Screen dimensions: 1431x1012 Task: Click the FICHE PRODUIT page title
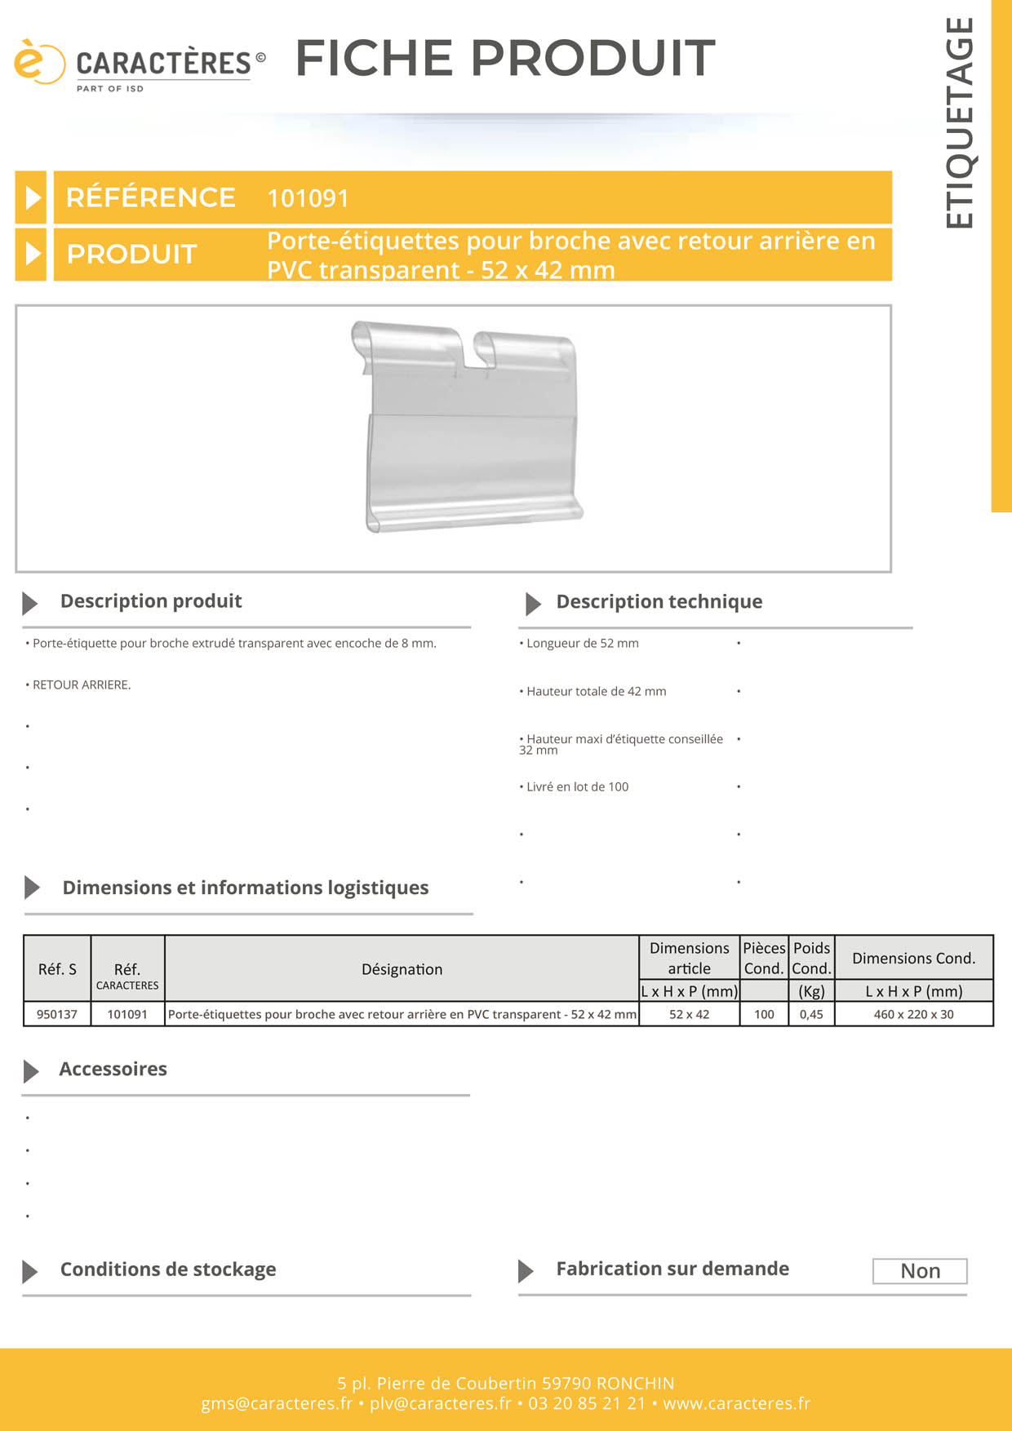505,58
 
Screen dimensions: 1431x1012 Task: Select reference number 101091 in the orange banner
308,198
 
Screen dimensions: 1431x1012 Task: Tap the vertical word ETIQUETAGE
960,123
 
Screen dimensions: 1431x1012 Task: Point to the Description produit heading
151,601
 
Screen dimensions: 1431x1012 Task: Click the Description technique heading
659,602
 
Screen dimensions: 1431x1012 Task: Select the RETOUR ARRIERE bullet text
81,685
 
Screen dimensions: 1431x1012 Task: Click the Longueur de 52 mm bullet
582,644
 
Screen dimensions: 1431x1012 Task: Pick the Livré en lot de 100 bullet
577,787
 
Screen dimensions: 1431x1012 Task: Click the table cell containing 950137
57,1014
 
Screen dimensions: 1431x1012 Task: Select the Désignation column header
402,969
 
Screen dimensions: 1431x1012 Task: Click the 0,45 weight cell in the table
811,1014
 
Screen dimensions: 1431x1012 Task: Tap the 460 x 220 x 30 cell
913,1014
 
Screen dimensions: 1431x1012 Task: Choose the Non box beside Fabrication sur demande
920,1271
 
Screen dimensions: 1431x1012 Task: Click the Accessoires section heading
113,1070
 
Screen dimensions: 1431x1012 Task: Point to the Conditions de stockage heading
168,1270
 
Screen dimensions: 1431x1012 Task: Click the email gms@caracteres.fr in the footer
277,1403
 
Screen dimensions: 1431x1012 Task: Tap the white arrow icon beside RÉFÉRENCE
32,197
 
